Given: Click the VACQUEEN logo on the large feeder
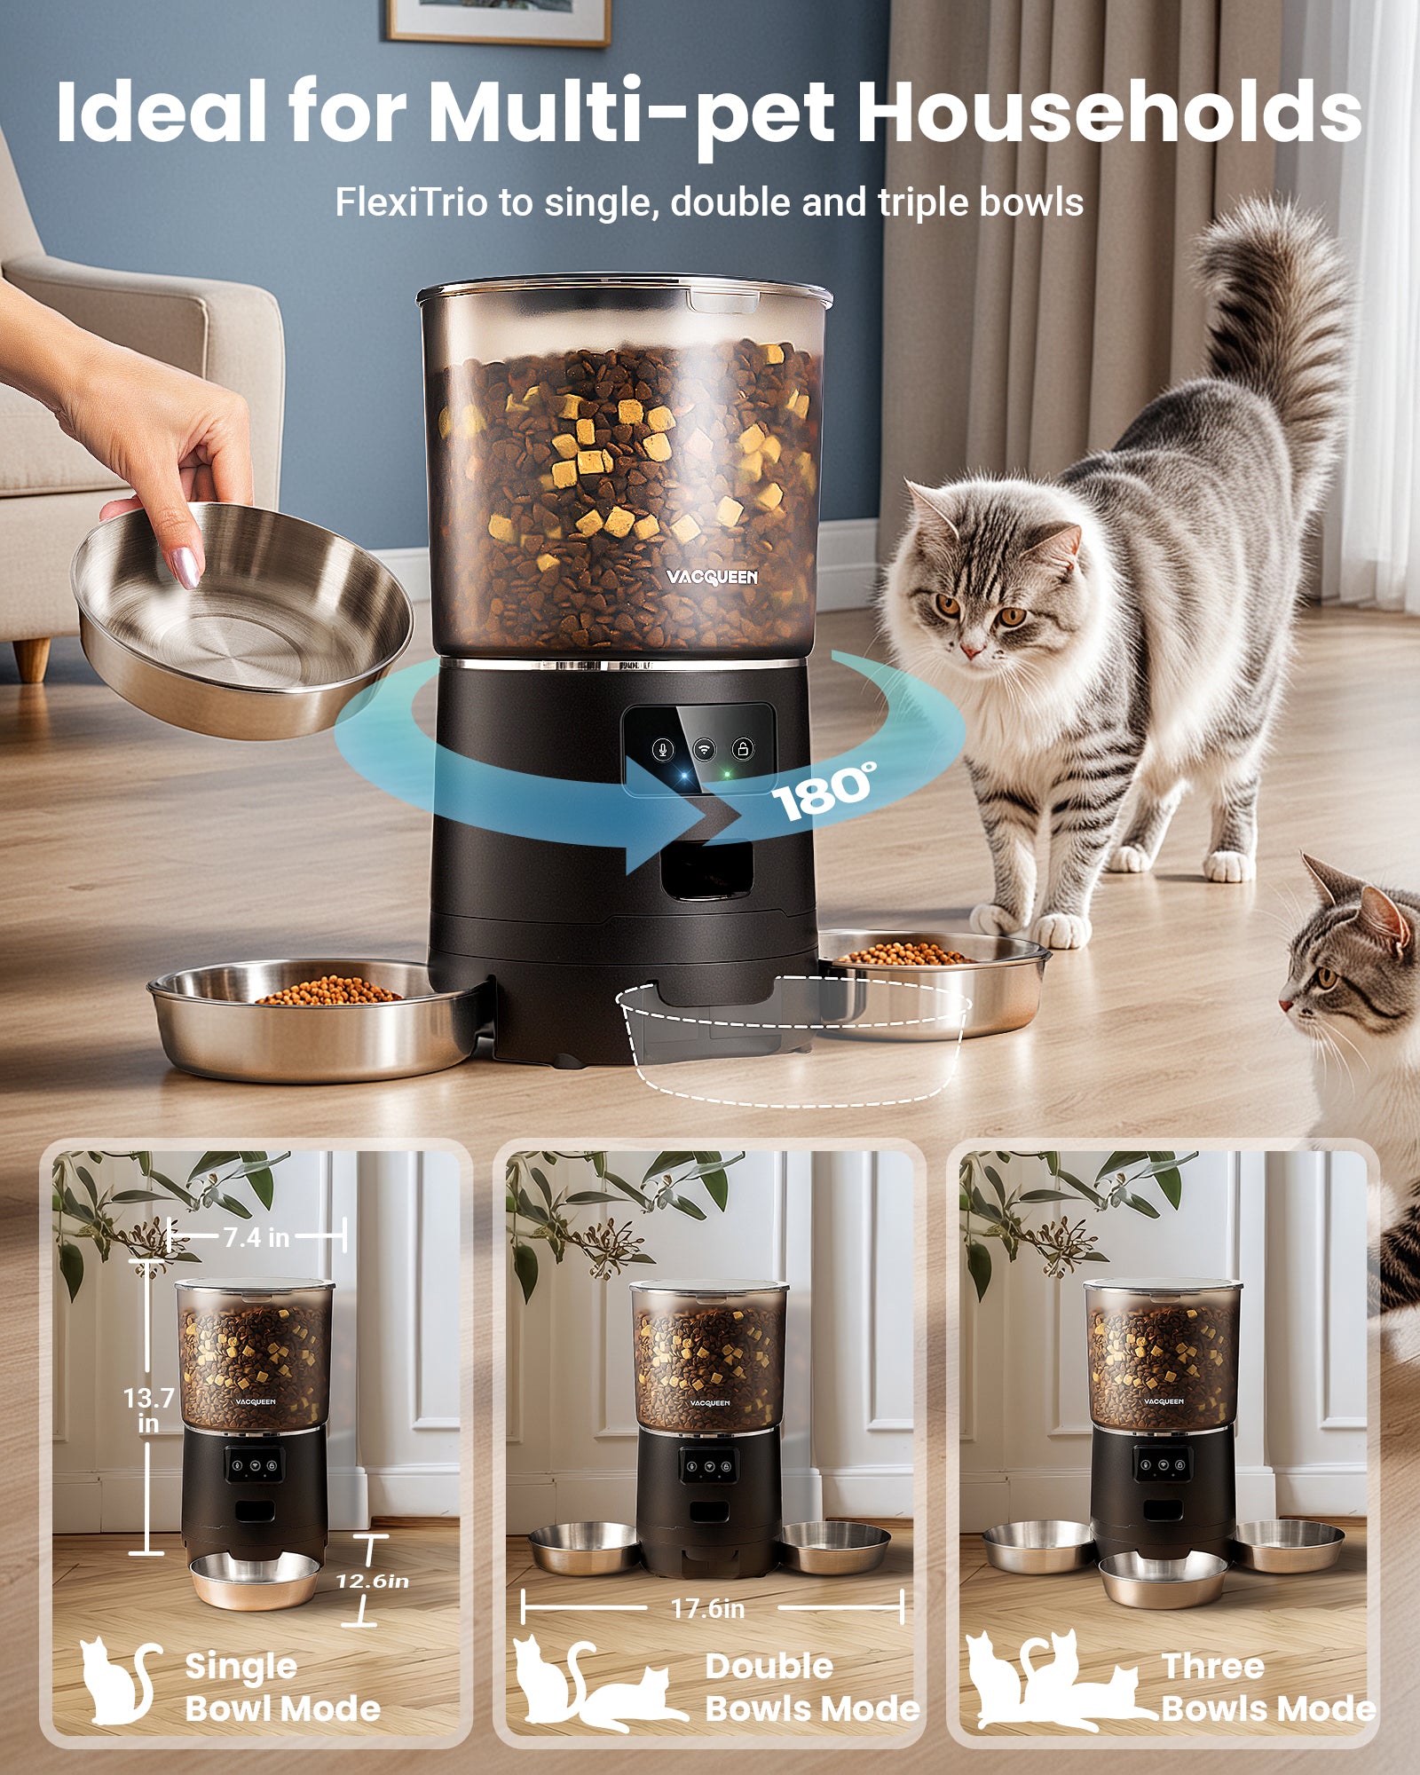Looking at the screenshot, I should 712,578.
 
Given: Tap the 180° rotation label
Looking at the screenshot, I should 824,790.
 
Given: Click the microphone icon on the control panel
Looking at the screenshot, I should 662,749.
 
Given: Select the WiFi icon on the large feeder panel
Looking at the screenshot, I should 704,749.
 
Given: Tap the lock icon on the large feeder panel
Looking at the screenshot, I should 744,749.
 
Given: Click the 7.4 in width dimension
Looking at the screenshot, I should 256,1237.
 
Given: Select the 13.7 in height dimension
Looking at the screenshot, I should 147,1410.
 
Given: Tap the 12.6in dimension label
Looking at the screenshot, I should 372,1582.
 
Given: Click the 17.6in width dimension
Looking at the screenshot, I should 707,1608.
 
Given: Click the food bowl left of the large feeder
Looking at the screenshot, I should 315,1021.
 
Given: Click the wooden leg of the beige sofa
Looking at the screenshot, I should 32,659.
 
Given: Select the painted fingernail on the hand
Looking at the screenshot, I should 186,567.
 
